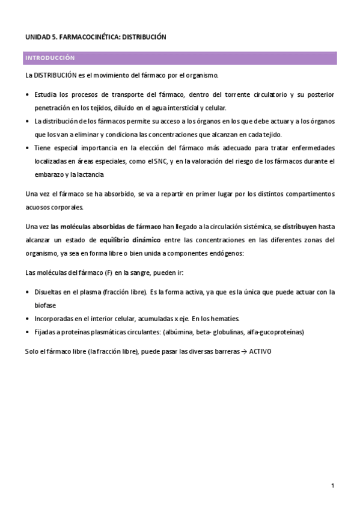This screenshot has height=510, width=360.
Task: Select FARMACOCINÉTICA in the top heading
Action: point(90,37)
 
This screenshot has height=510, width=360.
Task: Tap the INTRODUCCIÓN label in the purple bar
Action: point(49,58)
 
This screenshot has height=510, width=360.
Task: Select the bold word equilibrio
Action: point(117,239)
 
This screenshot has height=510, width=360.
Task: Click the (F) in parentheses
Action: point(109,272)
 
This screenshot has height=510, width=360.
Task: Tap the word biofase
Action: point(46,305)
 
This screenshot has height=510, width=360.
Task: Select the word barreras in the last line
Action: point(215,351)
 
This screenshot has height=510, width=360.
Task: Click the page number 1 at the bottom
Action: point(332,485)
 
